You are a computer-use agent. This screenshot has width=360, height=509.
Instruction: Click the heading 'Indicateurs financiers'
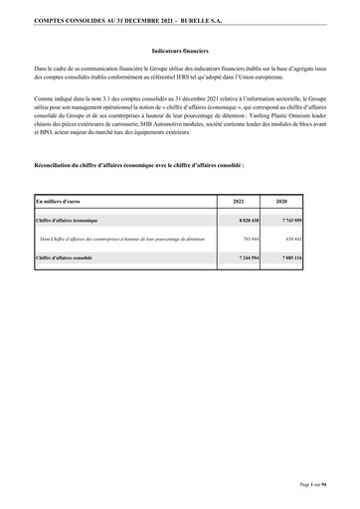click(x=179, y=48)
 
